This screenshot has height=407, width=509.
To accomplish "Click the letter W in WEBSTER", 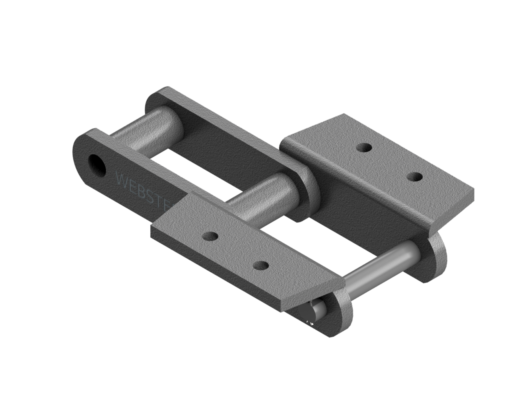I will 121,179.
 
